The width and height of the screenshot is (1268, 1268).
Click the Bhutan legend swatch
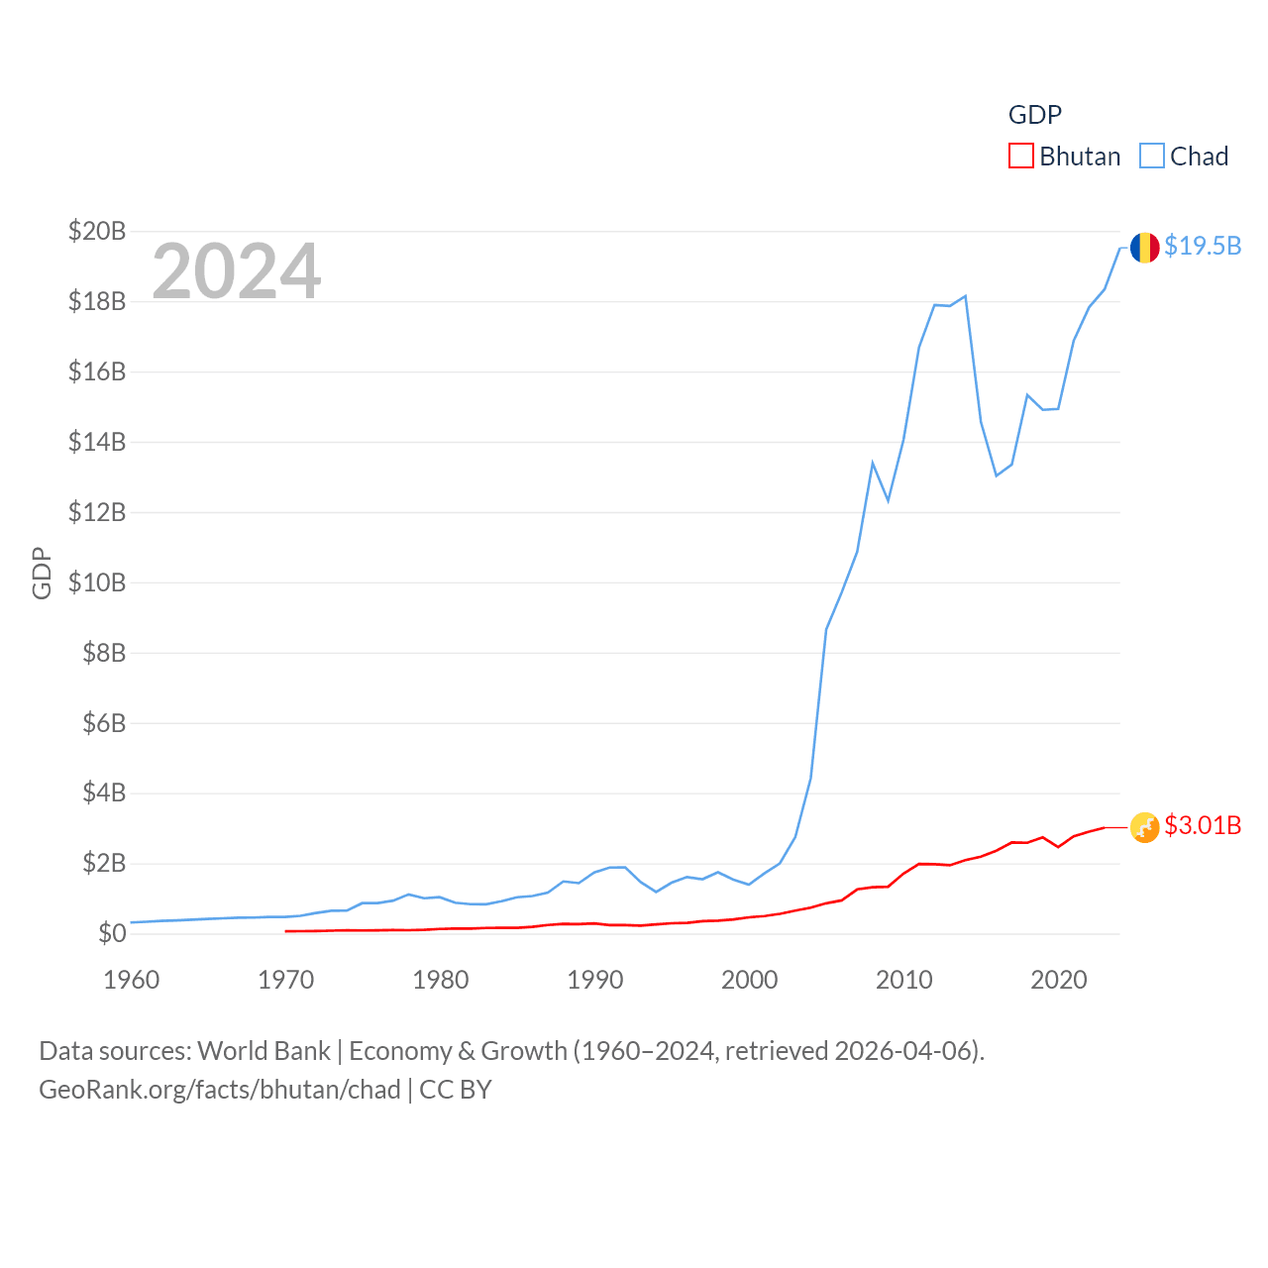tap(1021, 157)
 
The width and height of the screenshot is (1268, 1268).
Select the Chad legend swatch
tap(1151, 157)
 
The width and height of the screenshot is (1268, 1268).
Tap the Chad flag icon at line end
tap(1144, 247)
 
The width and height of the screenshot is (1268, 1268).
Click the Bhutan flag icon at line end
tap(1144, 826)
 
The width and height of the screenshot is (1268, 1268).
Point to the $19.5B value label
tap(1203, 246)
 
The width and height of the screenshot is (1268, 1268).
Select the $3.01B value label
tap(1203, 825)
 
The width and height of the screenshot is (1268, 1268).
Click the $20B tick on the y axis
tap(97, 231)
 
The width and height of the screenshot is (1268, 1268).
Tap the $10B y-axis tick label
tap(97, 582)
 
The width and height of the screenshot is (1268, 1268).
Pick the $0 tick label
tap(112, 933)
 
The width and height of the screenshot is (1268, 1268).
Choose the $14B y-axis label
tap(97, 442)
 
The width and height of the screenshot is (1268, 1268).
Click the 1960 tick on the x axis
tap(132, 980)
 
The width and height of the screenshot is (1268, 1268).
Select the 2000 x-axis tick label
tap(750, 980)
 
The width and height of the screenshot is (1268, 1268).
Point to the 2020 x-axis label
tap(1059, 980)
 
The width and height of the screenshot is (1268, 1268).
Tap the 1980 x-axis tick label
tap(441, 980)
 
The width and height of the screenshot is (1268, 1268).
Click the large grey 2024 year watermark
tap(237, 270)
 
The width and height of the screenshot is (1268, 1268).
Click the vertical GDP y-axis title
tap(42, 573)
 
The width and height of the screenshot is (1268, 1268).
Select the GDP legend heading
tap(1035, 115)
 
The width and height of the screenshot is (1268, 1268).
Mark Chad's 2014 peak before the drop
tap(965, 296)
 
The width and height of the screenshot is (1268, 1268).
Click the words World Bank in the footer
tap(264, 1050)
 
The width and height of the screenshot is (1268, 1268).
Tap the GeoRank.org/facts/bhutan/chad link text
tap(220, 1090)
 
